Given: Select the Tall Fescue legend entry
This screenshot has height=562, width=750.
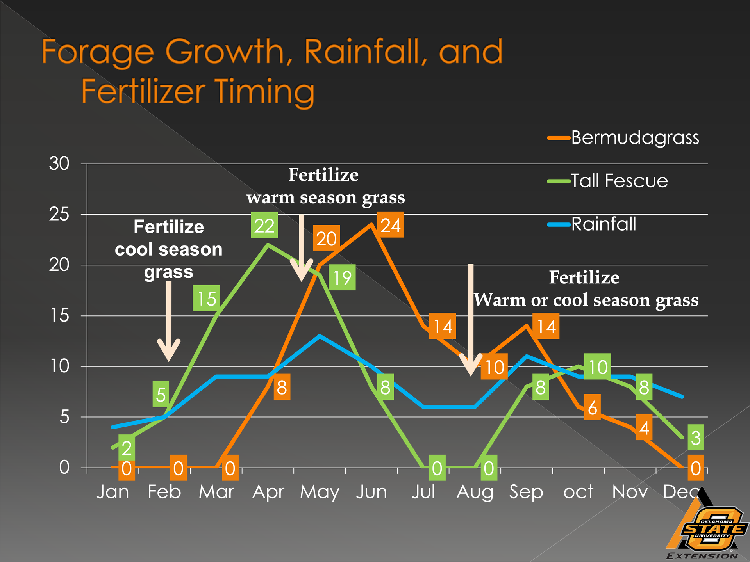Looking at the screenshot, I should [619, 181].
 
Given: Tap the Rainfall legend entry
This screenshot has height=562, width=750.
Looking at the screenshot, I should [604, 224].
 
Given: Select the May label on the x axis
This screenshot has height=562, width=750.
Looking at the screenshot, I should [320, 492].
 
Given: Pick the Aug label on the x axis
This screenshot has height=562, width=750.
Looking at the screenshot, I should [475, 492].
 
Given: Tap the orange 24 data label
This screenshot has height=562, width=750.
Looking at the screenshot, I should [391, 225].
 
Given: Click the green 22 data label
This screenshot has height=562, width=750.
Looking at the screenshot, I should [264, 225].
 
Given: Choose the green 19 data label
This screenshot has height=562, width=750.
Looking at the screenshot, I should [342, 277].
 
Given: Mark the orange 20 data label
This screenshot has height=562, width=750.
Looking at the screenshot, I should [326, 238].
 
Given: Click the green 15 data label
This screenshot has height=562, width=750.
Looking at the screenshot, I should [206, 299].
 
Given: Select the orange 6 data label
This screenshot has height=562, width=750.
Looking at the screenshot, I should [592, 407].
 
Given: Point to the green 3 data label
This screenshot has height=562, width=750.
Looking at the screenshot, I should [696, 438].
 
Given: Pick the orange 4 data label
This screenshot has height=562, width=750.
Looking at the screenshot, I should [644, 427].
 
